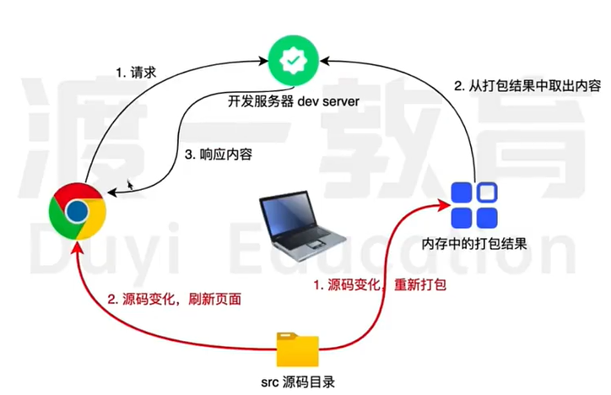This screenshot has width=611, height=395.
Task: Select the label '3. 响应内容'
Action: (218, 155)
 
